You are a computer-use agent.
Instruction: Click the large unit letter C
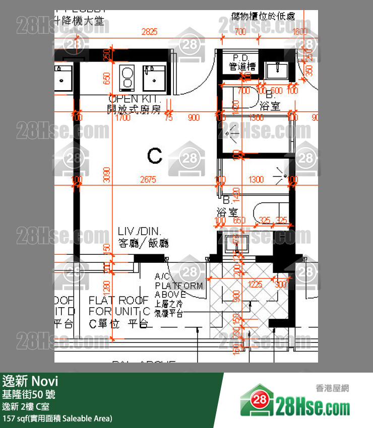coord(155,156)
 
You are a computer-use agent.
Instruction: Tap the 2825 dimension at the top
coord(149,32)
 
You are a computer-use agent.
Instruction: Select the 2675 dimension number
coord(148,179)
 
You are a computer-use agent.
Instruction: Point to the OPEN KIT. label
coord(134,99)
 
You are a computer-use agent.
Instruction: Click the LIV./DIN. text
coord(139,231)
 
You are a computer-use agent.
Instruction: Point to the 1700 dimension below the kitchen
coord(122,118)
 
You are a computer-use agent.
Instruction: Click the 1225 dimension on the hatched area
coord(256,284)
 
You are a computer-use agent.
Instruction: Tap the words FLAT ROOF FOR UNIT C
coord(119,306)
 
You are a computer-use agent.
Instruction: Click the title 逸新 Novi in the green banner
coord(30,380)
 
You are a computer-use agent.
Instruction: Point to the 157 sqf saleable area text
coord(57,418)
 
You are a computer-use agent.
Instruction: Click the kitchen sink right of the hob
coord(151,77)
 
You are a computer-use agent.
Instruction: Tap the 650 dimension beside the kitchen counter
coord(106,79)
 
